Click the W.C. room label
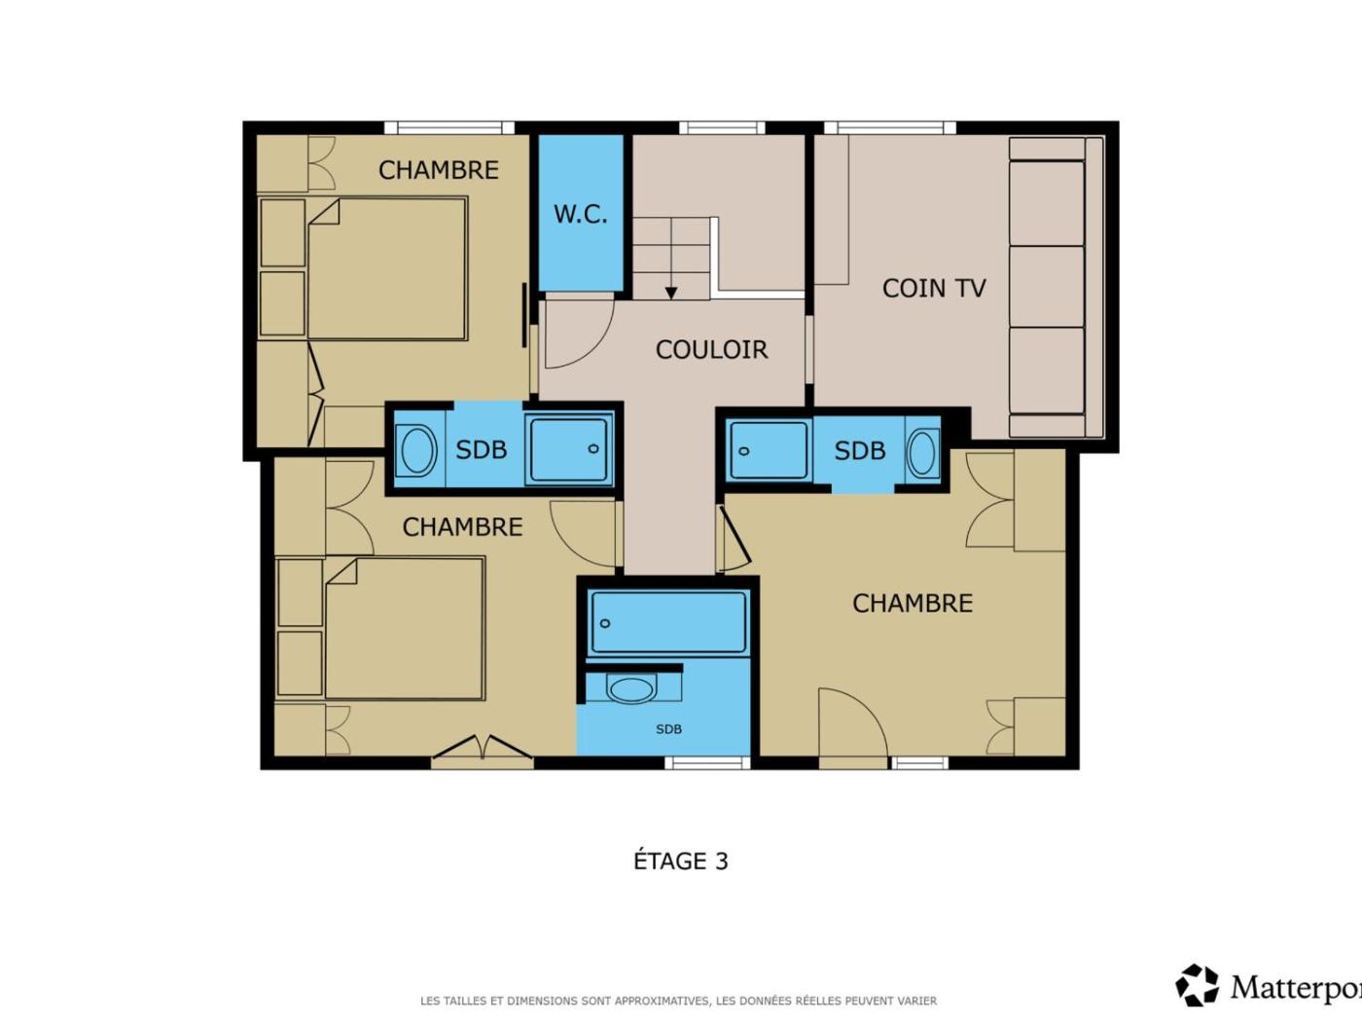coord(580,215)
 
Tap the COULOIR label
coord(712,350)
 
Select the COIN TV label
coord(934,288)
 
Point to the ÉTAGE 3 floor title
coord(681,862)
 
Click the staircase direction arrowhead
coord(670,294)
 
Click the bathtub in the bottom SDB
coord(667,622)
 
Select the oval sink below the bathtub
coord(631,690)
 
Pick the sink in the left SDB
coord(416,449)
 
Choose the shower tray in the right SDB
coord(769,450)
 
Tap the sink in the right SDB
coord(922,453)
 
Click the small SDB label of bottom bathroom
coord(668,729)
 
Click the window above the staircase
coord(722,127)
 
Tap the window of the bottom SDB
coord(707,763)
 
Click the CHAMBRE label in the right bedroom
coord(913,603)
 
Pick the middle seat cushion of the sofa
coord(1047,287)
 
